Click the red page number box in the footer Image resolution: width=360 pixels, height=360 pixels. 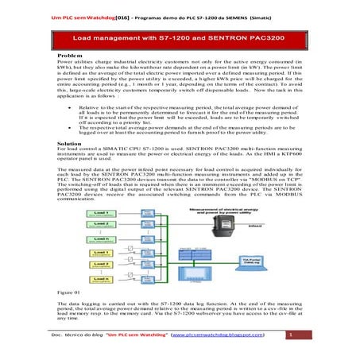pyautogui.click(x=291, y=336)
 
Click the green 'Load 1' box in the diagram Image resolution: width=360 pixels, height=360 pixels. pyautogui.click(x=79, y=214)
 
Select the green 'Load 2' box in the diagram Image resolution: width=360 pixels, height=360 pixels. pyautogui.click(x=79, y=225)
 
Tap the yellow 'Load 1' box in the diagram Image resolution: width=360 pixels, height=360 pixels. pyautogui.click(x=79, y=253)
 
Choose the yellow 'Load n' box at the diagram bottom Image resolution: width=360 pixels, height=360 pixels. pyautogui.click(x=79, y=281)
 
